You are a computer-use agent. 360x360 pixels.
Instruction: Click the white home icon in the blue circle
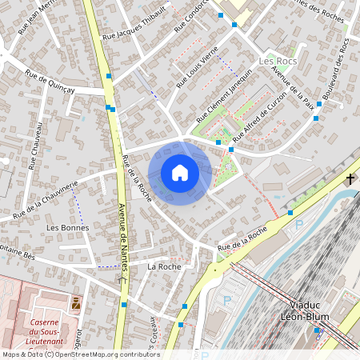click(x=180, y=173)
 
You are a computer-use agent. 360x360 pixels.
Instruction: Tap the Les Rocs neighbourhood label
click(x=277, y=61)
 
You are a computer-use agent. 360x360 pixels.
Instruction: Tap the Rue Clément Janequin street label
click(x=226, y=92)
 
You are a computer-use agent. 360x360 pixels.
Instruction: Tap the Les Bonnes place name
click(x=68, y=228)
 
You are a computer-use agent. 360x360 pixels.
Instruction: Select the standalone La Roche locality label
click(x=164, y=266)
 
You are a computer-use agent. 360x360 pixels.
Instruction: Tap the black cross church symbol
click(x=350, y=178)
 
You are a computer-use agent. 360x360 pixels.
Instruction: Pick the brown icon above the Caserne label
click(x=76, y=302)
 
